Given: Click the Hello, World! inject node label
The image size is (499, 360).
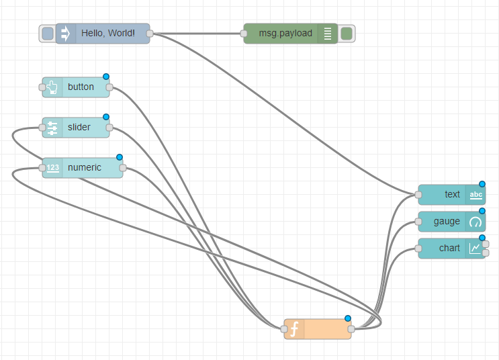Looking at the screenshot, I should pyautogui.click(x=107, y=33).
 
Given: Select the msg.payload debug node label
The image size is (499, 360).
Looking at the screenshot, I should pyautogui.click(x=285, y=33).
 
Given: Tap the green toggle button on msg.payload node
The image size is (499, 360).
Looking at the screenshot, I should pyautogui.click(x=347, y=33).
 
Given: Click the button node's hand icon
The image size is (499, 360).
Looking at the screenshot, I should pyautogui.click(x=52, y=87).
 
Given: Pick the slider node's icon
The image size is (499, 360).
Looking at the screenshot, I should pyautogui.click(x=52, y=127).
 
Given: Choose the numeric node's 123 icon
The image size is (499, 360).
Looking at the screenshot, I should pyautogui.click(x=52, y=167).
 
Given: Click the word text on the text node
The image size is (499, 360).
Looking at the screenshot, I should pyautogui.click(x=452, y=194).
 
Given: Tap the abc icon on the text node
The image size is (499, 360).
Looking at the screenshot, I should pyautogui.click(x=475, y=195).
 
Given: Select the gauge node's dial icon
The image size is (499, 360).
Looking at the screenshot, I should pyautogui.click(x=475, y=222).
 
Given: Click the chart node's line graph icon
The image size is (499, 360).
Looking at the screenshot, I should pyautogui.click(x=475, y=249).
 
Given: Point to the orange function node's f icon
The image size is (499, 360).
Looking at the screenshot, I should pyautogui.click(x=294, y=329).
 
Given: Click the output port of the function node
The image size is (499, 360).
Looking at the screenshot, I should pyautogui.click(x=351, y=329).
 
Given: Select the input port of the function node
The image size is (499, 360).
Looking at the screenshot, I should pyautogui.click(x=284, y=329).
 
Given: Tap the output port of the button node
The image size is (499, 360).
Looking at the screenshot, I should pyautogui.click(x=109, y=87).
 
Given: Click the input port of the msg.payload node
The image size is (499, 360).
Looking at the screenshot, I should pyautogui.click(x=244, y=33).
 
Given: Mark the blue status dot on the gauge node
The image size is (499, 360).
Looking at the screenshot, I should pyautogui.click(x=482, y=211).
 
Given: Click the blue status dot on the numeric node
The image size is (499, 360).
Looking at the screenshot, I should pyautogui.click(x=120, y=157).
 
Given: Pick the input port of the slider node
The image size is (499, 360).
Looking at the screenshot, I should pyautogui.click(x=42, y=127).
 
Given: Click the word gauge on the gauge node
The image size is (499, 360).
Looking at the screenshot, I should pyautogui.click(x=447, y=221).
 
